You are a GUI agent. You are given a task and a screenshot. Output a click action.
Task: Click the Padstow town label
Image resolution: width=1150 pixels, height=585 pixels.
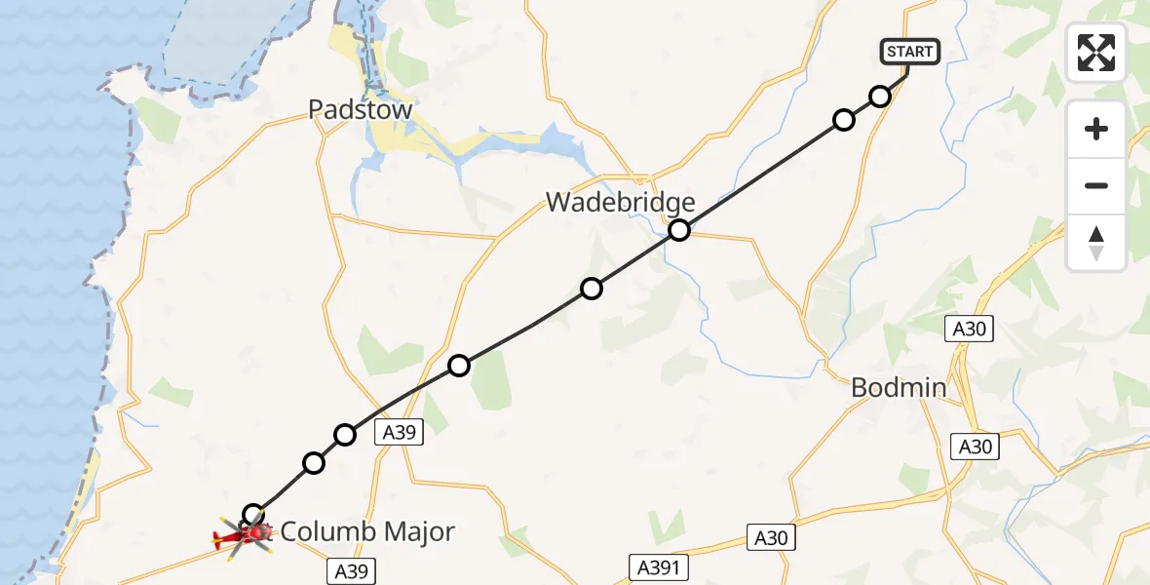click(360, 110)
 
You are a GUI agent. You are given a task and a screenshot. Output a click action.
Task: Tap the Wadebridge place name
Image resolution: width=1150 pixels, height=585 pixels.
click(620, 203)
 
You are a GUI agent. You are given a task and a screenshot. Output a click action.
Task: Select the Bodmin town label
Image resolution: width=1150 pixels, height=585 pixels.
click(898, 388)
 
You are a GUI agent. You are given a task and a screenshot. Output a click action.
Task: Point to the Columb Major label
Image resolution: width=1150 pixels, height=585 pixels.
click(367, 532)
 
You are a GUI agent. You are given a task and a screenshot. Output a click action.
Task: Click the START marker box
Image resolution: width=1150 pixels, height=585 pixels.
click(910, 52)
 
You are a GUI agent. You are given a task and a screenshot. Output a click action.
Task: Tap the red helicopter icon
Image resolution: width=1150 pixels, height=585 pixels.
click(244, 535)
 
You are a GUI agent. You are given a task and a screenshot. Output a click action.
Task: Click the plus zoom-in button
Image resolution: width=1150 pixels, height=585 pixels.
click(1096, 129)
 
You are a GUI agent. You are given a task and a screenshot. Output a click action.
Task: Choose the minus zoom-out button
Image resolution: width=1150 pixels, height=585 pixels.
click(1096, 185)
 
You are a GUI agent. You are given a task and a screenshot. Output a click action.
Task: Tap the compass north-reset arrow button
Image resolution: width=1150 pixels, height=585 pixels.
click(1096, 243)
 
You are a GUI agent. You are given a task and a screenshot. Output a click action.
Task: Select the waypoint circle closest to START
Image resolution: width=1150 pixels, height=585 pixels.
click(880, 96)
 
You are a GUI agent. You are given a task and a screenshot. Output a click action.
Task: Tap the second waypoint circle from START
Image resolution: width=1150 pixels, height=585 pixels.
click(844, 119)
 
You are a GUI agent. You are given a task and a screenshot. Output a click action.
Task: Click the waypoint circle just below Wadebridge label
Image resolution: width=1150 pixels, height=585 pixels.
click(679, 230)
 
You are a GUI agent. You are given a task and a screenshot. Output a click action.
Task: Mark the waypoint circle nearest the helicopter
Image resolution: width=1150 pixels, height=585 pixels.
click(253, 514)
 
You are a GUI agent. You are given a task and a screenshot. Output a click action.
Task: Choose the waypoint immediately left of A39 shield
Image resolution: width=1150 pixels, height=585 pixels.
click(345, 434)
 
